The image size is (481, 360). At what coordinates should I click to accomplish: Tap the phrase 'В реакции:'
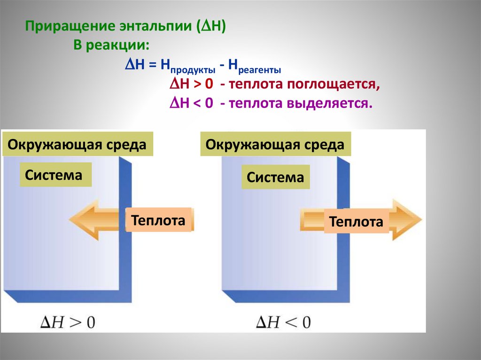pyautogui.click(x=111, y=46)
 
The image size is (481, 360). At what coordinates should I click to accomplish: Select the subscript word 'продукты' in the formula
pyautogui.click(x=193, y=70)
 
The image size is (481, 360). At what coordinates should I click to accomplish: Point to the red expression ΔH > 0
pyautogui.click(x=191, y=85)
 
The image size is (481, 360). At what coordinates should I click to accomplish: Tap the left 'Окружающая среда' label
pyautogui.click(x=77, y=144)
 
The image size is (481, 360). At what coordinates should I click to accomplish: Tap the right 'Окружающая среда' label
pyautogui.click(x=275, y=144)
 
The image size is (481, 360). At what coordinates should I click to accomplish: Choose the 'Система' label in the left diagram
pyautogui.click(x=54, y=175)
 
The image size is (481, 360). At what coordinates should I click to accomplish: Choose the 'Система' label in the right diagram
pyautogui.click(x=276, y=177)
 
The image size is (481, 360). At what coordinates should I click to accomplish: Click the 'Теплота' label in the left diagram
pyautogui.click(x=158, y=220)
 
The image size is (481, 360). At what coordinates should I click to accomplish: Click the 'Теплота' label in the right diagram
pyautogui.click(x=356, y=222)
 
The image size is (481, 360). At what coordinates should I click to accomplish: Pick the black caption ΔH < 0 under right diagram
pyautogui.click(x=283, y=322)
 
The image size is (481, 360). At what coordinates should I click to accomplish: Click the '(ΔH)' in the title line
pyautogui.click(x=211, y=27)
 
